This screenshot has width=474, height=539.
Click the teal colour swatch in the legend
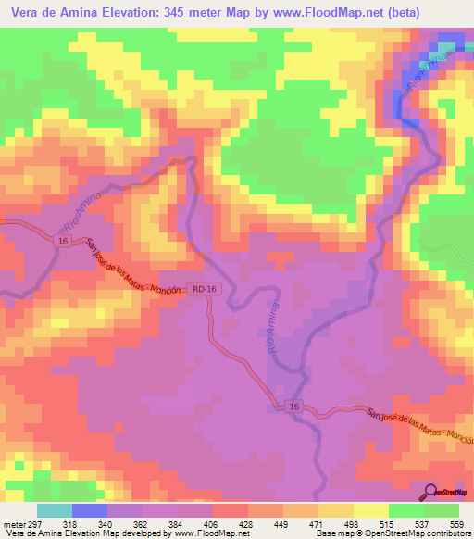coord(55,509)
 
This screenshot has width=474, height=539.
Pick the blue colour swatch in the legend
coord(90,509)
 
